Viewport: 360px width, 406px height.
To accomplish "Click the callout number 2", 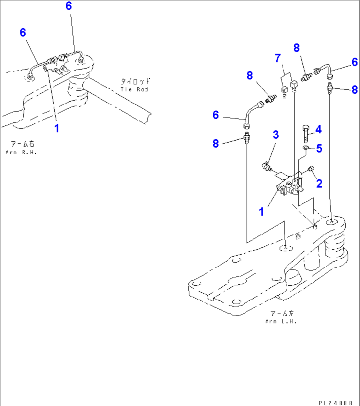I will [x=319, y=183].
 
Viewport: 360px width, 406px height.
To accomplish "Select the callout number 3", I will [x=275, y=135].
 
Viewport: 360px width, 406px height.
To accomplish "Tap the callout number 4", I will [x=318, y=129].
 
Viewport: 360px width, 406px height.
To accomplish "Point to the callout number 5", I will [x=319, y=148].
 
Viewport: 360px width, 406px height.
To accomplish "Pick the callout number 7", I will [x=278, y=59].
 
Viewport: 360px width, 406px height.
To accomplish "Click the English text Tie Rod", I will [x=134, y=89].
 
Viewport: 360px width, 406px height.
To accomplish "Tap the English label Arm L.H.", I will [x=281, y=322].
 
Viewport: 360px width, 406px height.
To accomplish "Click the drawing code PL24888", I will [x=338, y=403].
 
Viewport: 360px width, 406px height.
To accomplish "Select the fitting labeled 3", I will [x=266, y=166].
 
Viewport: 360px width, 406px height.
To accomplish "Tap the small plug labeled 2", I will [x=310, y=170].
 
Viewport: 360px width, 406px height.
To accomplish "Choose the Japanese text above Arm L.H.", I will [x=282, y=314].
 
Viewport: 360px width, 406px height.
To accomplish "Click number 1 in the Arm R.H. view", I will [x=57, y=128].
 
